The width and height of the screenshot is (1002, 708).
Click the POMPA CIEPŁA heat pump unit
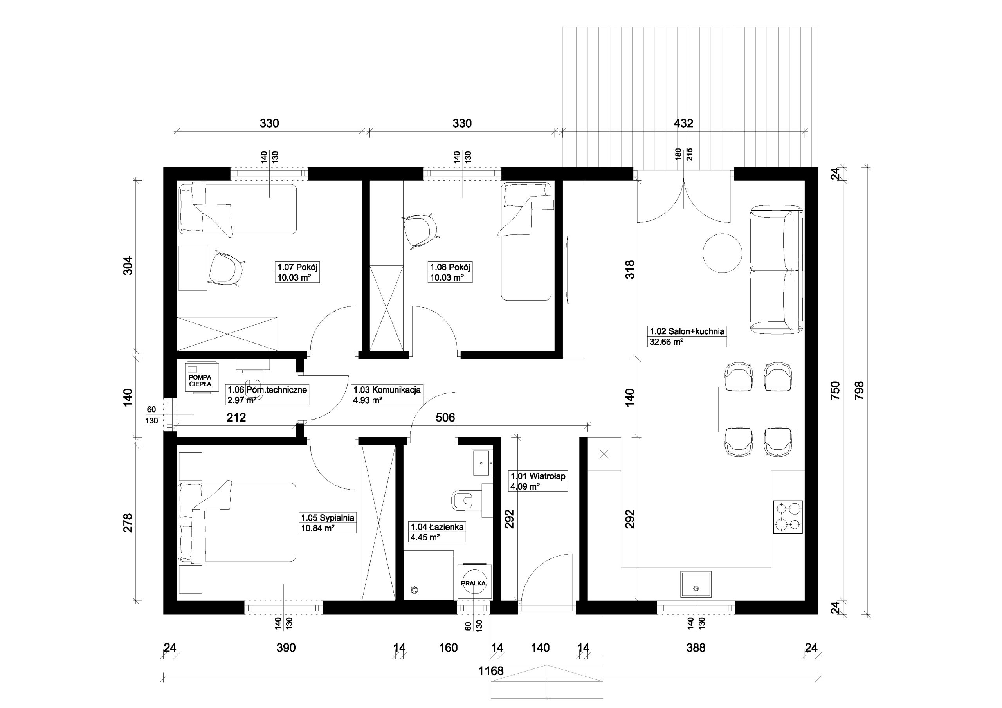click(x=202, y=377)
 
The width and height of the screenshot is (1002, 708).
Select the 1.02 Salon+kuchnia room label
click(x=687, y=337)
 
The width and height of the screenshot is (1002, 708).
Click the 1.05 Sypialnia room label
click(x=328, y=523)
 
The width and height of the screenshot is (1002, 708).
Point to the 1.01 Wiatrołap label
click(x=539, y=481)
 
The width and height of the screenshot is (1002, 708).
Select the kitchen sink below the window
click(x=696, y=584)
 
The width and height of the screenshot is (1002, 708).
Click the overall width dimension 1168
click(x=491, y=670)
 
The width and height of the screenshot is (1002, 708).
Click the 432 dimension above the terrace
click(x=683, y=124)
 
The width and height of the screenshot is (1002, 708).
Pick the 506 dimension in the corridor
click(x=445, y=418)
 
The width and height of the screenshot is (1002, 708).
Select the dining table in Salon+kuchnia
click(x=758, y=409)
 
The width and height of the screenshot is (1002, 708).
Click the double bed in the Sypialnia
click(x=238, y=522)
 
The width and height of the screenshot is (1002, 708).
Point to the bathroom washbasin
click(x=482, y=463)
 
